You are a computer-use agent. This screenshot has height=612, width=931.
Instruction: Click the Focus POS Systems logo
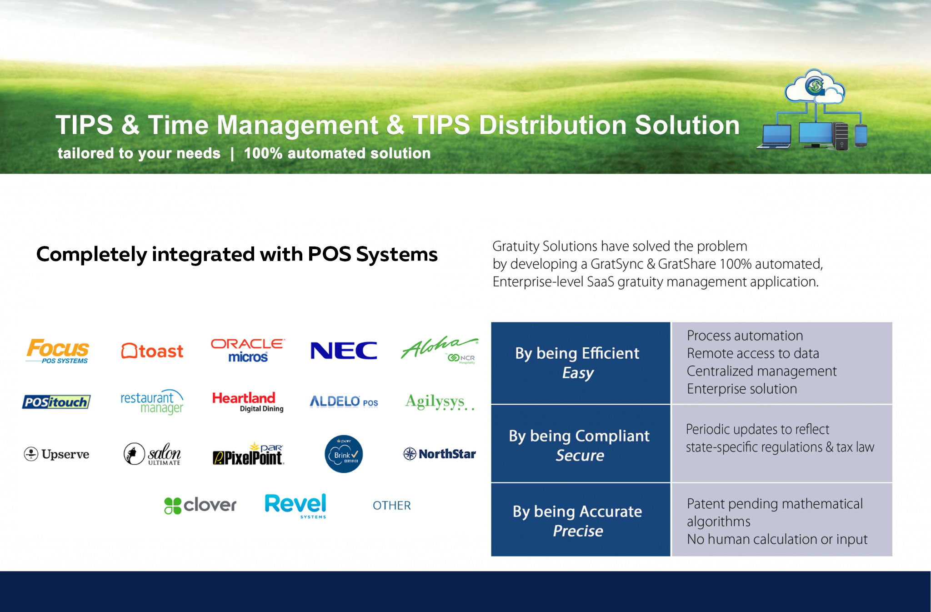(x=57, y=351)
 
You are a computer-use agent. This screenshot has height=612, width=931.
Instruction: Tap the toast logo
(x=152, y=351)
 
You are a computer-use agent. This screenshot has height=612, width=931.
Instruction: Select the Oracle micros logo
(x=248, y=350)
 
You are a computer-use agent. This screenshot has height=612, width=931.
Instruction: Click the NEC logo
(x=344, y=351)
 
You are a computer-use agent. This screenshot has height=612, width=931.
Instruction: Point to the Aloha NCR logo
(x=440, y=349)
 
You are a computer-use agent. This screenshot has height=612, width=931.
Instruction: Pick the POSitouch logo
(x=56, y=402)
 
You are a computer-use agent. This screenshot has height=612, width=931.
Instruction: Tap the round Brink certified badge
(x=344, y=454)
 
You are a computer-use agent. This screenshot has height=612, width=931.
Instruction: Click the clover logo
(x=200, y=505)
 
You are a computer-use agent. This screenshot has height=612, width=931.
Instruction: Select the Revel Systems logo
(x=295, y=506)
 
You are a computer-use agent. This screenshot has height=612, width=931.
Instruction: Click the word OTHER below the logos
(x=392, y=506)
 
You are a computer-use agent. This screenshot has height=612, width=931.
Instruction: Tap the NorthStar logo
(x=439, y=454)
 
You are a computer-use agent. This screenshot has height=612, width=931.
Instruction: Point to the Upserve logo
(x=56, y=454)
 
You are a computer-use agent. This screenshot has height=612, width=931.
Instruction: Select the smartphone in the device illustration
(x=861, y=135)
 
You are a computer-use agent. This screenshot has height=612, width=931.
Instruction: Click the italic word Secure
(x=580, y=456)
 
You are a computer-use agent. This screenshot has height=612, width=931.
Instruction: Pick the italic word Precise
(x=578, y=531)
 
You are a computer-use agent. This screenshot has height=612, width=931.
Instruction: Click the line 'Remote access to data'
(x=753, y=353)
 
